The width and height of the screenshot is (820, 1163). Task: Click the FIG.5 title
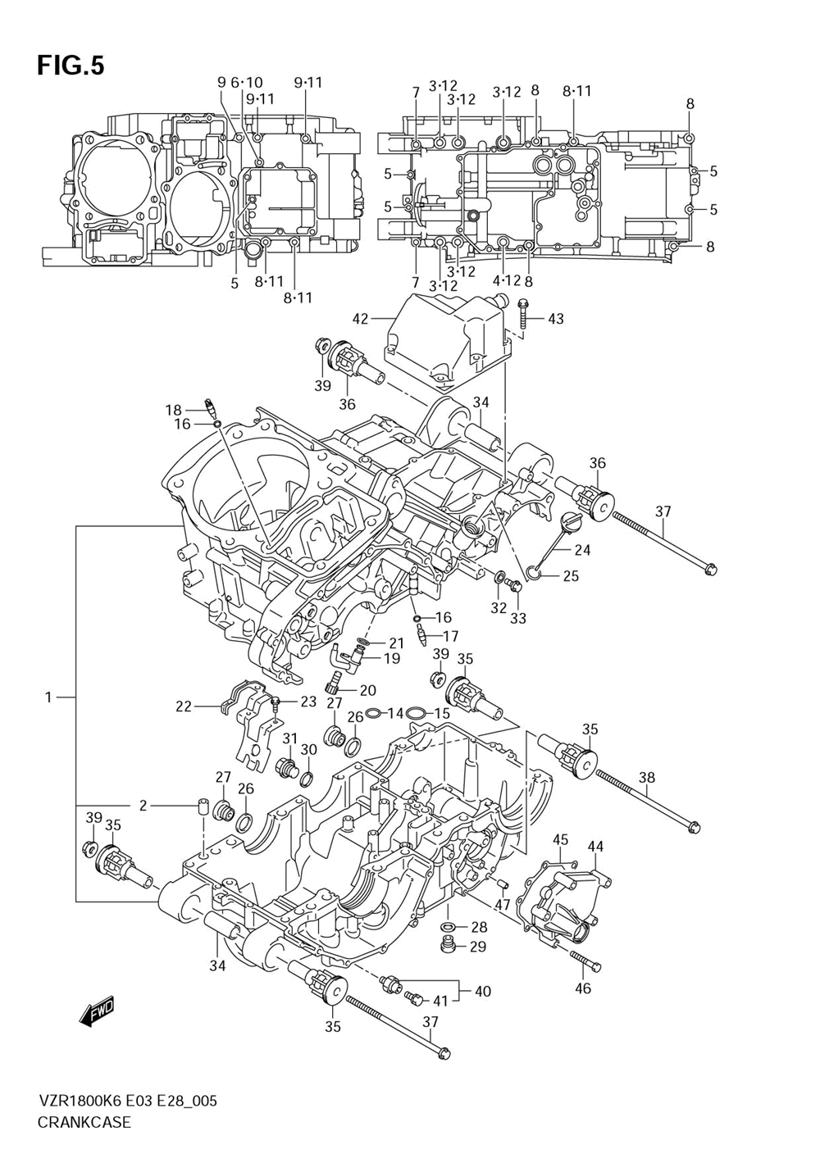click(x=71, y=66)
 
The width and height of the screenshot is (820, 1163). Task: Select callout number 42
click(x=360, y=318)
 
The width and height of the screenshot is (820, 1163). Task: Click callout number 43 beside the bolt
click(x=556, y=318)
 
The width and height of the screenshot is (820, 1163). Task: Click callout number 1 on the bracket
click(x=48, y=697)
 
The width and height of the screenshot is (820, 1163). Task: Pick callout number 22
click(x=184, y=706)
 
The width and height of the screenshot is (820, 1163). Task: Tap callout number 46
click(x=583, y=988)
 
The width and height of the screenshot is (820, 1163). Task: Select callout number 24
click(x=583, y=549)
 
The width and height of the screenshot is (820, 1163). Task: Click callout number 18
click(x=174, y=410)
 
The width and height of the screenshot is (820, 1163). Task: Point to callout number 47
click(x=502, y=905)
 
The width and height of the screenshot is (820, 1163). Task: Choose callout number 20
click(x=367, y=690)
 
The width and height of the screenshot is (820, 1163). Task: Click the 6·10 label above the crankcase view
click(x=247, y=82)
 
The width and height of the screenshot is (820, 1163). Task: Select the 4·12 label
click(x=506, y=280)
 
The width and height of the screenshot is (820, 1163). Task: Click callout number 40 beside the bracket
click(x=482, y=991)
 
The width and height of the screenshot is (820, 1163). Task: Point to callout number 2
click(x=143, y=806)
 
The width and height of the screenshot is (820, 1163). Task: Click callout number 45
click(x=561, y=839)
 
